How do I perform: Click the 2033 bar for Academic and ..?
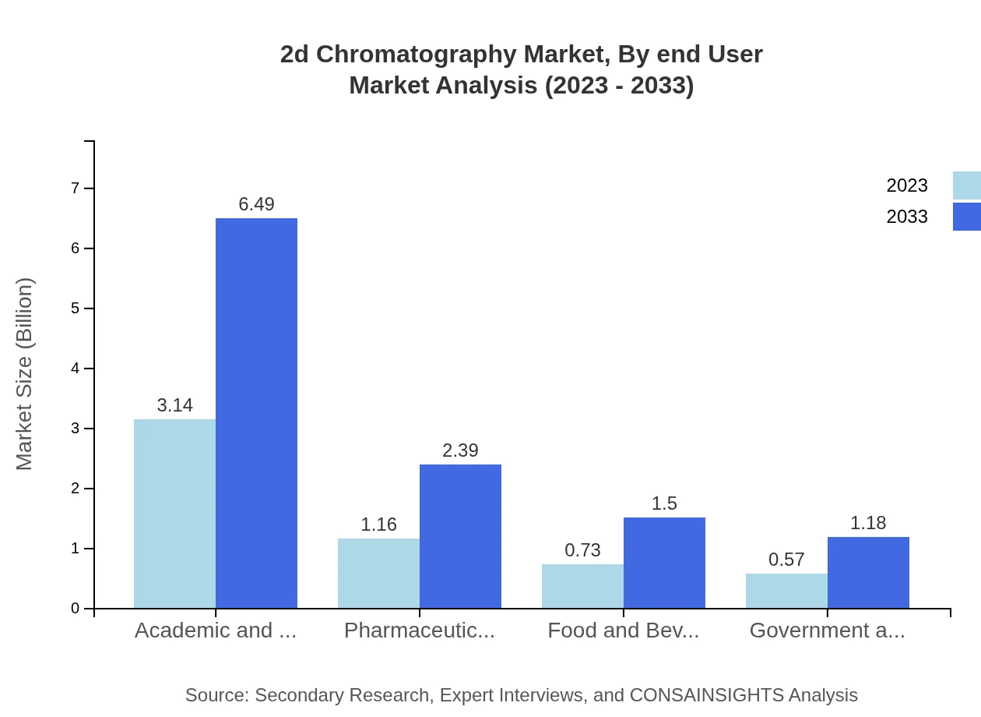tap(256, 413)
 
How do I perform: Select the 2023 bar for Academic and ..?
tap(174, 514)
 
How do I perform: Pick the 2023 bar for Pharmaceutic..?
tap(378, 573)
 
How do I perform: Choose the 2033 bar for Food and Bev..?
tap(664, 563)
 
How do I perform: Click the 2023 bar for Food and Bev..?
tap(582, 586)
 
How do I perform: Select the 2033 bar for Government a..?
tap(868, 572)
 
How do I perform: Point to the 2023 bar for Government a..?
tap(786, 591)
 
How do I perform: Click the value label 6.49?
tap(256, 204)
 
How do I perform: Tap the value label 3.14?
tap(174, 405)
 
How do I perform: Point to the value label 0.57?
tap(786, 560)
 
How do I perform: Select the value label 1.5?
tap(664, 503)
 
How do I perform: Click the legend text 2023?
tap(906, 185)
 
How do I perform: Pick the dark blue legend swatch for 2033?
tap(966, 217)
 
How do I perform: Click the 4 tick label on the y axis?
tap(76, 368)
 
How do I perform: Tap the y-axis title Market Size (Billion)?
tap(25, 374)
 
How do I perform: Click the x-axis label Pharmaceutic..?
tap(419, 630)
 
